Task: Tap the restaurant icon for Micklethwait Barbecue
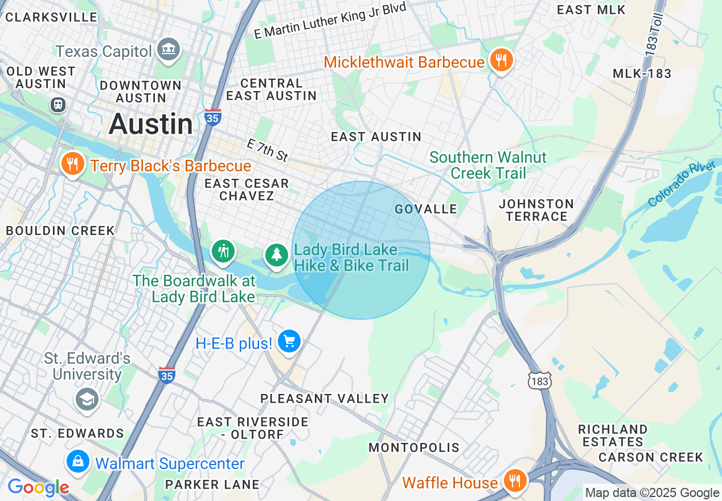501,60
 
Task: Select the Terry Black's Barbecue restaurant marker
72,164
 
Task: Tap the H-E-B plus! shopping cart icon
289,342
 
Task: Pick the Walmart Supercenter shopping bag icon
78,461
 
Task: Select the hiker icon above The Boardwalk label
223,250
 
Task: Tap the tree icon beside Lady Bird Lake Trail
277,254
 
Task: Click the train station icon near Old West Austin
58,105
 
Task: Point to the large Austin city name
151,124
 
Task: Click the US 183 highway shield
539,380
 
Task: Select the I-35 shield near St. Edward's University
166,375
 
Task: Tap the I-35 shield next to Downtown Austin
212,117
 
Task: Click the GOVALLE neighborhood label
426,209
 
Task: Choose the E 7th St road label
268,150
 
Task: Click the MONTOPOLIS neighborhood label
414,447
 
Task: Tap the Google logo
38,488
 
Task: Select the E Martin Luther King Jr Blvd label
330,20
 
